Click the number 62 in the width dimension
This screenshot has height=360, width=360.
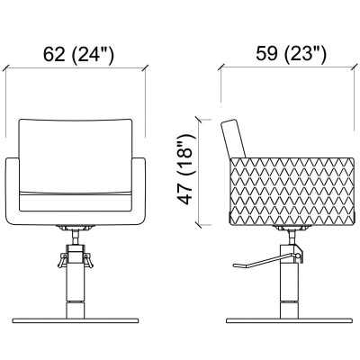pyautogui.click(x=54, y=54)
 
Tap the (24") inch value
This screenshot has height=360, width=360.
pyautogui.click(x=94, y=55)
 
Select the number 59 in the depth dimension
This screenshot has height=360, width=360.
pyautogui.click(x=266, y=54)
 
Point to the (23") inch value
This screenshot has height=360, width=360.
pyautogui.click(x=305, y=55)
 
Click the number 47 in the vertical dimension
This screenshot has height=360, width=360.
pyautogui.click(x=184, y=193)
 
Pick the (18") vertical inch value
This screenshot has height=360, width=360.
pyautogui.click(x=185, y=156)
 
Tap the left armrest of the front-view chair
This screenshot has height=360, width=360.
pyautogui.click(x=13, y=192)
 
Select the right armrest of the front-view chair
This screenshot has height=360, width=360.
pyautogui.click(x=139, y=192)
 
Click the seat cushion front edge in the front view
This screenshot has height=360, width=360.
pyautogui.click(x=76, y=202)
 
